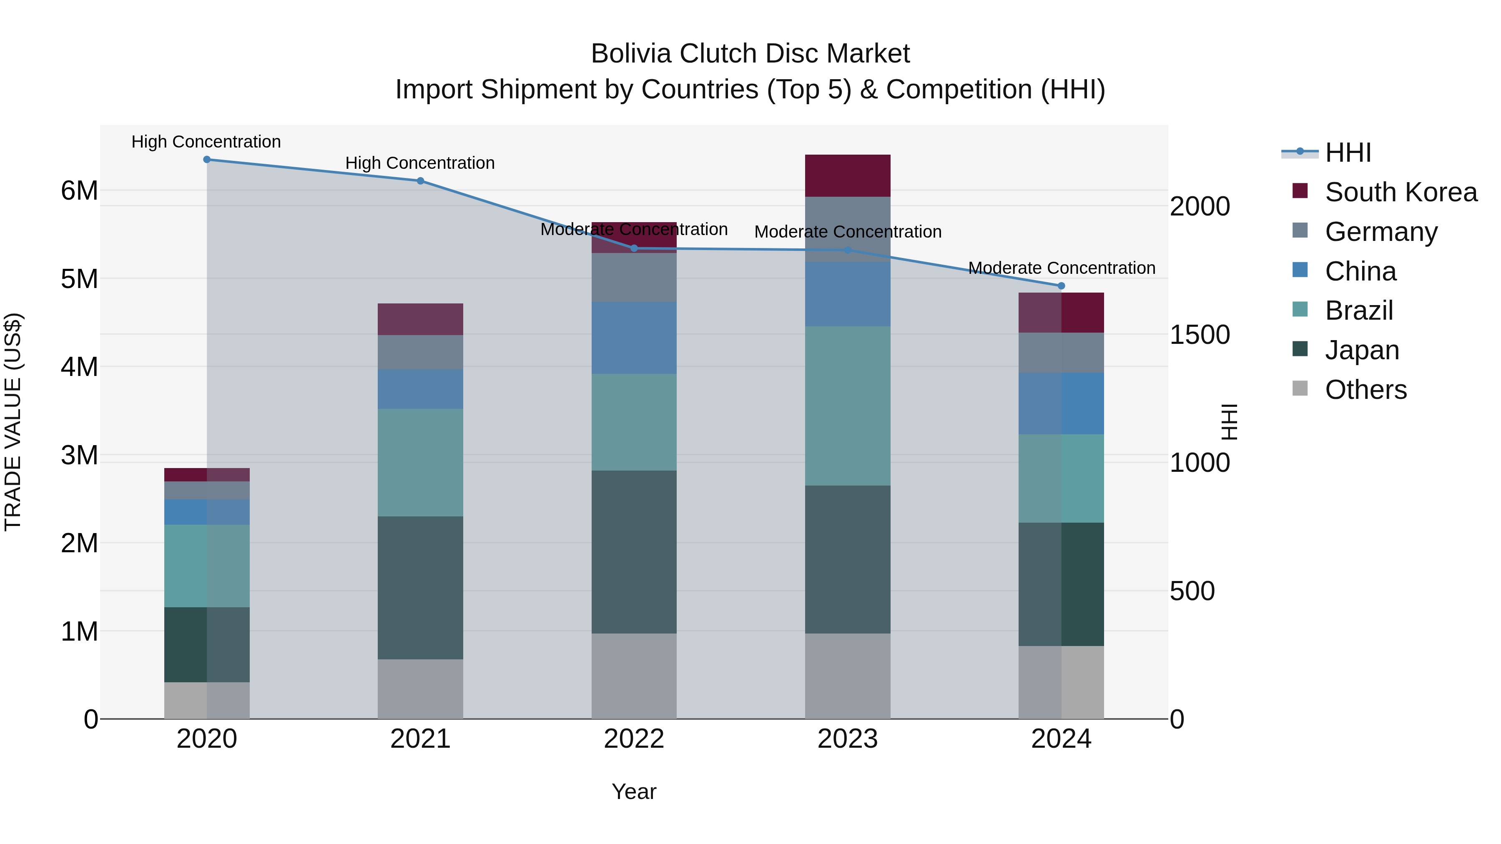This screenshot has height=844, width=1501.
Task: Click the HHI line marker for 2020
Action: pos(207,160)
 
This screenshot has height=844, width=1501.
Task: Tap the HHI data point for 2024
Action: pos(1061,286)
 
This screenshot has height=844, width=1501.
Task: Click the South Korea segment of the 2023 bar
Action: pos(847,176)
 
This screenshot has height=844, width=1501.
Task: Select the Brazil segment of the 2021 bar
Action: pos(420,463)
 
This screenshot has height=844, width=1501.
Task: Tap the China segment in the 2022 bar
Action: pos(634,338)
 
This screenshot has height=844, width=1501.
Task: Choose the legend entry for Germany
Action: pos(1381,232)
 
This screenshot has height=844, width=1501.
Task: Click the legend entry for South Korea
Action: pos(1401,192)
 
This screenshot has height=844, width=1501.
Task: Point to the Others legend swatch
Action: pos(1300,388)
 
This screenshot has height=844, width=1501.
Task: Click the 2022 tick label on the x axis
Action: pos(634,739)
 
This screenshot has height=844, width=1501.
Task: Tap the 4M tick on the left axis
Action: pos(79,367)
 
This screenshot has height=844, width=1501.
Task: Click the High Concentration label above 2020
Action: pos(206,142)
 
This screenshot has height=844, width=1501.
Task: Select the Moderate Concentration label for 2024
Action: pos(1062,268)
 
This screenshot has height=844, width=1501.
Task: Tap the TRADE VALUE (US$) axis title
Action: pos(13,422)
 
